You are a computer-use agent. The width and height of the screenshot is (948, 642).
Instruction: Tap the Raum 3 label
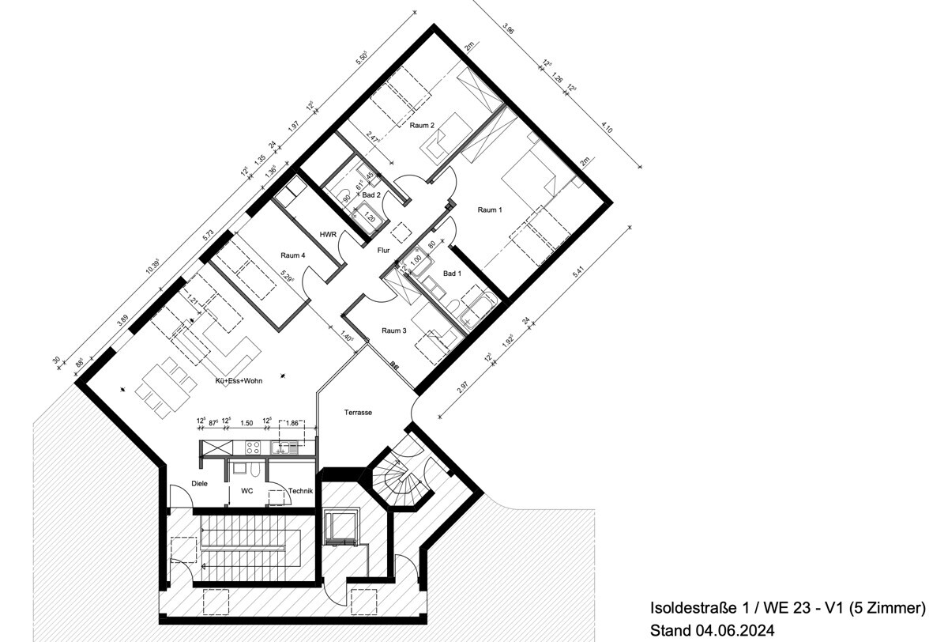(393, 330)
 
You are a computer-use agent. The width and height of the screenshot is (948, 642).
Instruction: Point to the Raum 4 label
(293, 255)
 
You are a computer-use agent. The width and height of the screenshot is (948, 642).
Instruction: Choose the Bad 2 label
(371, 194)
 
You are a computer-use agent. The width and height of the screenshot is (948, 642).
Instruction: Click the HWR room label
(329, 235)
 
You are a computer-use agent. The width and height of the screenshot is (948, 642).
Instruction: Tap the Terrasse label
(358, 413)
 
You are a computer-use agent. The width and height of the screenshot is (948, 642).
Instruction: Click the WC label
(246, 491)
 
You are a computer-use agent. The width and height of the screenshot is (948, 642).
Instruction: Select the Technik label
(300, 491)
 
